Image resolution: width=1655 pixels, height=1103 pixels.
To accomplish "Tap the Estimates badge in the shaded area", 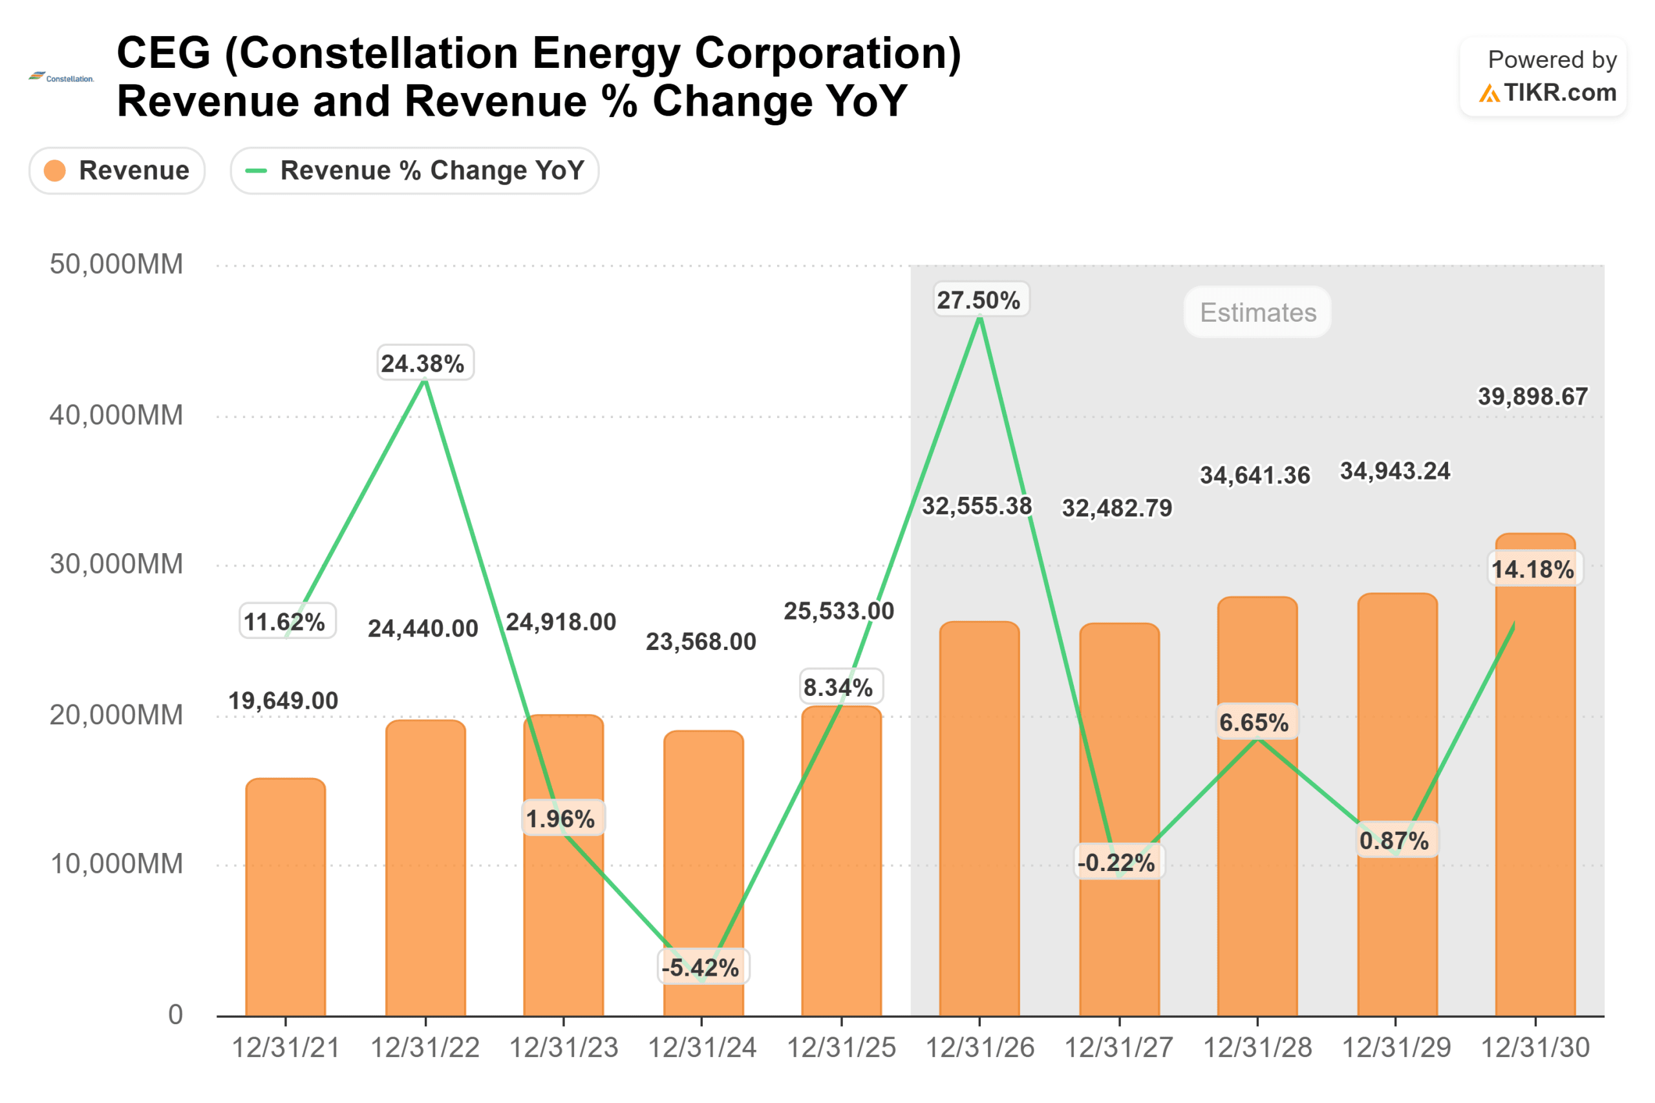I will (1257, 312).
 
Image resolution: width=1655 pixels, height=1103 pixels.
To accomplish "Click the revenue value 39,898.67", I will (1533, 397).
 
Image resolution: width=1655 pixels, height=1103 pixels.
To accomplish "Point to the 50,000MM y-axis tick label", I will (116, 265).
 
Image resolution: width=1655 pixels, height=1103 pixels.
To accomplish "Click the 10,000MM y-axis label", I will (116, 865).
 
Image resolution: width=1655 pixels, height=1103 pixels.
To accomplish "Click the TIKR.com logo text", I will (1559, 93).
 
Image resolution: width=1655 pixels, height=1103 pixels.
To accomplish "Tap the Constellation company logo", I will (61, 78).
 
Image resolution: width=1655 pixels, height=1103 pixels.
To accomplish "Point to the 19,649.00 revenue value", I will (284, 701).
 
